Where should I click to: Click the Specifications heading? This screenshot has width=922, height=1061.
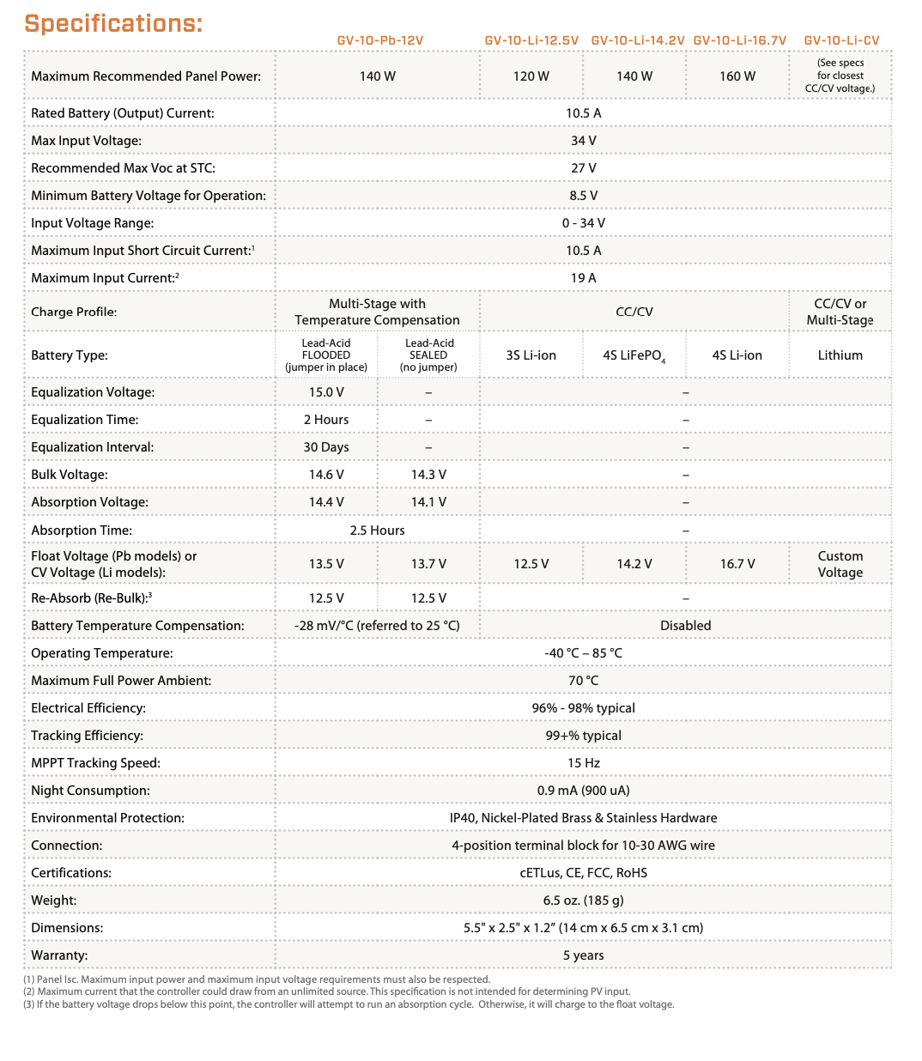pos(113,23)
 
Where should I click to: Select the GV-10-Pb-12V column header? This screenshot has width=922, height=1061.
pos(379,40)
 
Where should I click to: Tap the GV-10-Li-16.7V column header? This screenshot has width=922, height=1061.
pos(739,40)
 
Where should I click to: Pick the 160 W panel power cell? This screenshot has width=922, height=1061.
pos(737,76)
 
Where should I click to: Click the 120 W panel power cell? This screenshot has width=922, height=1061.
pos(531,76)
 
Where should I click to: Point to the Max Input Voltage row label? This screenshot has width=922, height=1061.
pos(86,141)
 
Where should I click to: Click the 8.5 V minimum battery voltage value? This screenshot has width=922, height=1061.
pos(583,196)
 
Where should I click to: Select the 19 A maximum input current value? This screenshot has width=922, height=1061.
pos(583,278)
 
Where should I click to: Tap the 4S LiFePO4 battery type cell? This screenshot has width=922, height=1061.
pos(634,355)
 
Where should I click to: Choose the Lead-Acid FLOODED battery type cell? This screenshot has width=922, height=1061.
pos(326,355)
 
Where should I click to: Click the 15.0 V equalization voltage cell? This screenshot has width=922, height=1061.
pos(326,392)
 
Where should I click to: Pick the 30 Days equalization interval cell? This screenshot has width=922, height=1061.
pos(326,447)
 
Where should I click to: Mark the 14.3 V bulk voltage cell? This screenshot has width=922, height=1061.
pos(428,475)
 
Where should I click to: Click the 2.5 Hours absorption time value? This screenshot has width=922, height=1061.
pos(377,530)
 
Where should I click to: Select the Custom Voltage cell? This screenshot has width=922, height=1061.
pos(840,565)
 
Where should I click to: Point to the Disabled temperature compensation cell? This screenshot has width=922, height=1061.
pos(685,626)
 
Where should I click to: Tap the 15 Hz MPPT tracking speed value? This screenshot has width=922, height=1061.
pos(583,763)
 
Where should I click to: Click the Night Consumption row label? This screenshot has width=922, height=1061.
pos(90,791)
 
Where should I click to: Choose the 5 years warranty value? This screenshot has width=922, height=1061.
pos(583,955)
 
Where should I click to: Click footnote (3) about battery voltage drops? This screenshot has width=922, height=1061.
pos(349,1004)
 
